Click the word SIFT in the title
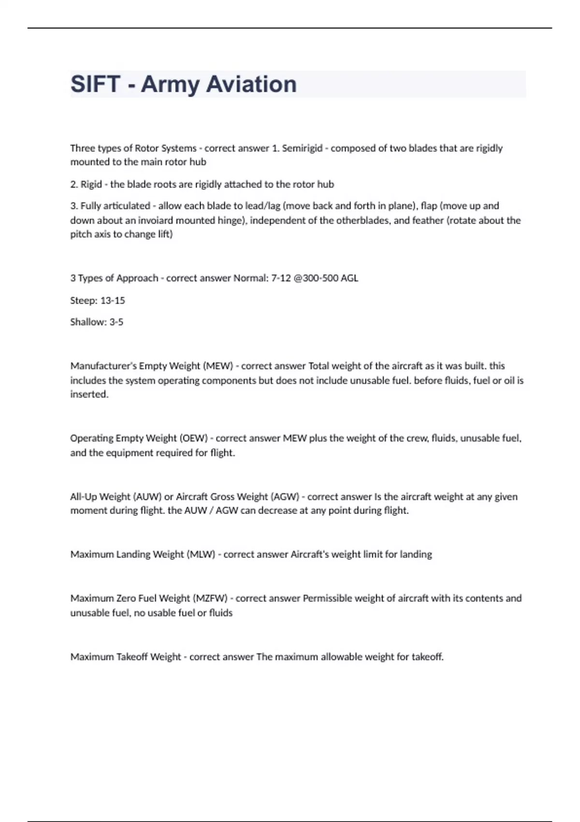[95, 84]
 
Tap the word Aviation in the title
[251, 84]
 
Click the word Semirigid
[302, 148]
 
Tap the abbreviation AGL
[349, 278]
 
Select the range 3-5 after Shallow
[116, 322]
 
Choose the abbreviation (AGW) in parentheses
[285, 497]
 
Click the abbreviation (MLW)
[201, 555]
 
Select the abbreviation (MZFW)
[210, 598]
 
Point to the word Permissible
[327, 598]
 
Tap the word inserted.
[89, 395]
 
